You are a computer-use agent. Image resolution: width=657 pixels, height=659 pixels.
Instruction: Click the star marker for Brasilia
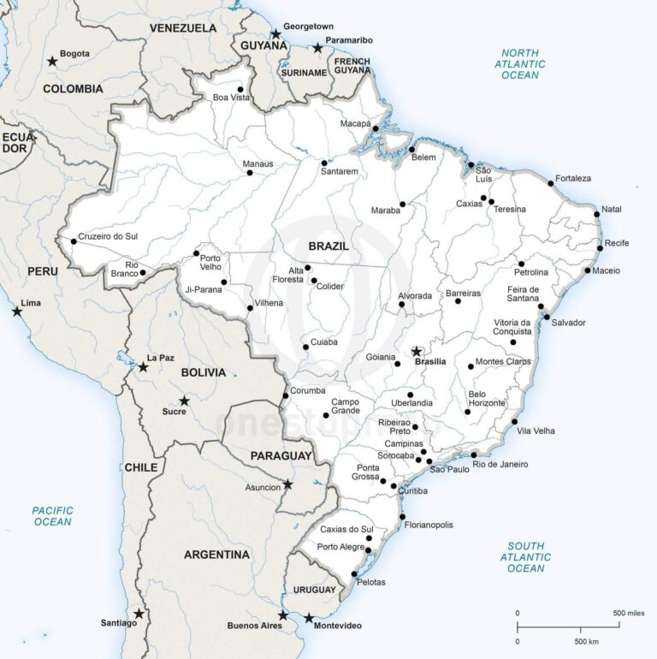point(417,351)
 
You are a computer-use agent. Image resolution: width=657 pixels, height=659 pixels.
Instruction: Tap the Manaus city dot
point(250,173)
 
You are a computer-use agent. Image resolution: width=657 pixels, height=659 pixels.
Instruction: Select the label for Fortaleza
point(573,178)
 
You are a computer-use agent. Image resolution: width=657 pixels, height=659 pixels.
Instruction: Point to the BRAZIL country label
point(328,246)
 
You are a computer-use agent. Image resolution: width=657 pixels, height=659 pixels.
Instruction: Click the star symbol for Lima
point(17,312)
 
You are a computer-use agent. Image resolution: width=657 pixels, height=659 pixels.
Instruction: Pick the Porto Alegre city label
point(340,547)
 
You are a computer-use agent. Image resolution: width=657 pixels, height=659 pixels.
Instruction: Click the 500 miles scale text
point(630,613)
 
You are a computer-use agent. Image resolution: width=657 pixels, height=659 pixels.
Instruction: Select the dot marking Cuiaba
point(305,347)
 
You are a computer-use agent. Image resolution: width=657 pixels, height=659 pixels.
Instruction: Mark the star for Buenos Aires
point(282,615)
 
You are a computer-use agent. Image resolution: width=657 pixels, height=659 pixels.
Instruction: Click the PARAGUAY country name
point(281,455)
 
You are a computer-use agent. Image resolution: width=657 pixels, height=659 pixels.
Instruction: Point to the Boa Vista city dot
point(240,89)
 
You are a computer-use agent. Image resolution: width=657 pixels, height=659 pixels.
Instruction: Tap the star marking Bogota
point(52,61)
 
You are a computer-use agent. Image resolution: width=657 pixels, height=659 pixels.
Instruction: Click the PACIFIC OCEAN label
point(52,516)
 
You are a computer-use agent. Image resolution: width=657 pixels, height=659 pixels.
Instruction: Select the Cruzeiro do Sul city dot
point(74,241)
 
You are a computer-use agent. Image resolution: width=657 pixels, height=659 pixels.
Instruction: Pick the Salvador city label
point(569,323)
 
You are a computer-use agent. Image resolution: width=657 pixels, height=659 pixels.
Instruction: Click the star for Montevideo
point(309,618)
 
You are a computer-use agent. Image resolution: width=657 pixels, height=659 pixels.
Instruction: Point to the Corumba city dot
point(286,395)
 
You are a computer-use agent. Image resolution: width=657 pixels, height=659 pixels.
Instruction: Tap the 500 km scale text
point(587,642)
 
